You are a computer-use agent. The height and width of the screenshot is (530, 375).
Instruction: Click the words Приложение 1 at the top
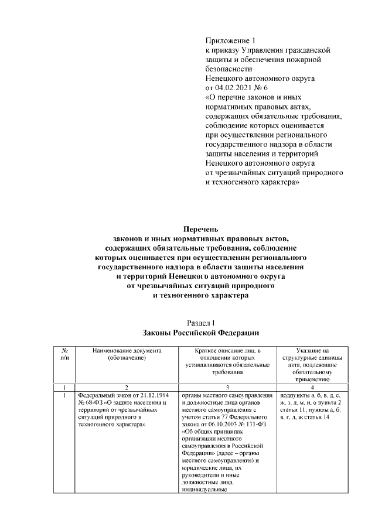[231, 40]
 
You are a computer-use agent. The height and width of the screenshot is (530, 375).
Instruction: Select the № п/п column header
[64, 354]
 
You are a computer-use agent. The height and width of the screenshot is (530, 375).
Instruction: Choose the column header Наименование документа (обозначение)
[126, 354]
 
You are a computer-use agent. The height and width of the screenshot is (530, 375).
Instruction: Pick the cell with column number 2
[126, 388]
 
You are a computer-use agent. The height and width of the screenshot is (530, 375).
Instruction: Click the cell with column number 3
[227, 388]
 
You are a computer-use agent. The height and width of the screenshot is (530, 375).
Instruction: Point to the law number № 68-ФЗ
[91, 403]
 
